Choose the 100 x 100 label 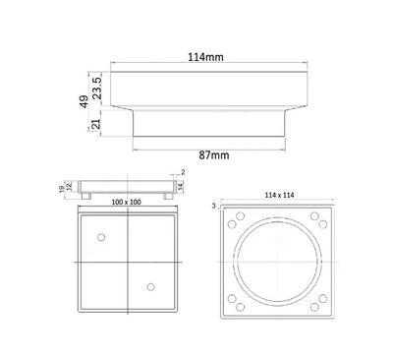125,202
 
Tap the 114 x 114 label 280,194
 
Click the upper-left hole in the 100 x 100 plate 101,238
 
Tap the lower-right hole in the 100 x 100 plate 150,286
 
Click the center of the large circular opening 280,261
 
